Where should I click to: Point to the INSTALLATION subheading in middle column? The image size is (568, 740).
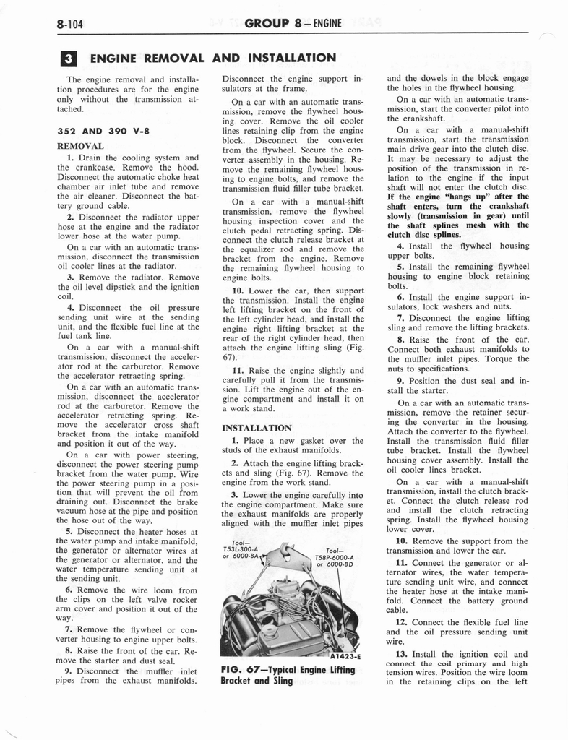click(x=257, y=428)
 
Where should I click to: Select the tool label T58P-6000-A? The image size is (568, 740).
click(x=333, y=557)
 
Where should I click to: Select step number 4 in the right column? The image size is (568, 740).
click(x=400, y=246)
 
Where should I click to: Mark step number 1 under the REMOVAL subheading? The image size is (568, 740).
click(x=70, y=158)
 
